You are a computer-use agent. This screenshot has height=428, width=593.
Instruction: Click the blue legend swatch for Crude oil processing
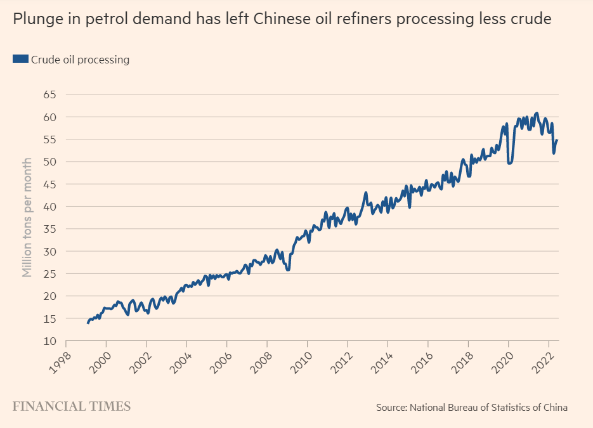tap(20, 60)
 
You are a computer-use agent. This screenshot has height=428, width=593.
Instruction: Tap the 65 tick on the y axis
tap(49, 94)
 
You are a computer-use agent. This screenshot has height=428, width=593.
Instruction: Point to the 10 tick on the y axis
tap(49, 340)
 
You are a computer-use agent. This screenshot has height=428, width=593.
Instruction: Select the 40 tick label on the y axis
tap(49, 206)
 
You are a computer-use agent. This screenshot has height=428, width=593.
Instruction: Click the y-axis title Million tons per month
tap(27, 217)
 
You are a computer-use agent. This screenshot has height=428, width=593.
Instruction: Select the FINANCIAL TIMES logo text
tap(72, 406)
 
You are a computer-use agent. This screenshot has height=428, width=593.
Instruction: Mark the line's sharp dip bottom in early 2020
tap(509, 164)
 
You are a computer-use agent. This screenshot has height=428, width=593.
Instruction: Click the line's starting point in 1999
tap(88, 323)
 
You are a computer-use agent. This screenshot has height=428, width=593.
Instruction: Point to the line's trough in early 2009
tap(288, 270)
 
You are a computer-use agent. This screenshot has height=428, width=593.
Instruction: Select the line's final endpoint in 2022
tap(557, 140)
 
